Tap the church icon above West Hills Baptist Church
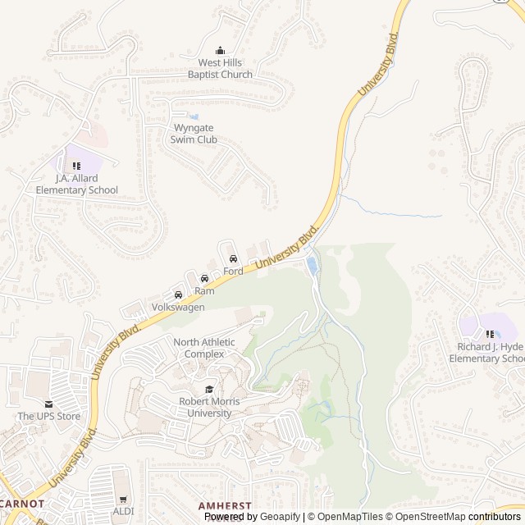220,51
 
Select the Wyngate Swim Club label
194,134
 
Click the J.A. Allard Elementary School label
76,184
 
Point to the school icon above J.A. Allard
76,166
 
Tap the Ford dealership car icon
233,258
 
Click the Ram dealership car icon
204,279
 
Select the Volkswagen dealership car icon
178,294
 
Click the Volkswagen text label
178,307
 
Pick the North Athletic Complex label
204,348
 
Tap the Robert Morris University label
209,407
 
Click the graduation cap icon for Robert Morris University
209,390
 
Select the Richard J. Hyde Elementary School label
491,353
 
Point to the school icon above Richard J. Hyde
491,334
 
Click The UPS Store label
49,416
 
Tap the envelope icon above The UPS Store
49,404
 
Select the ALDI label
124,510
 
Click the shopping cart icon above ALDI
124,498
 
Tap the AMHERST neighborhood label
225,506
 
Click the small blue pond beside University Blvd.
312,265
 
